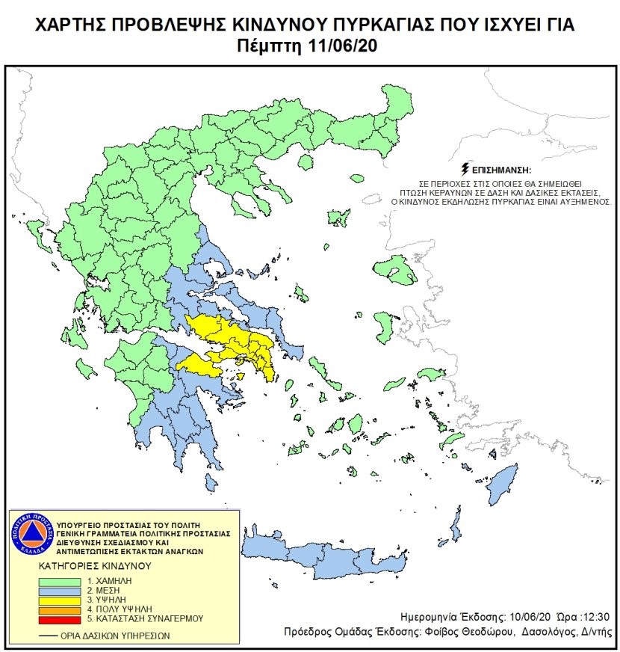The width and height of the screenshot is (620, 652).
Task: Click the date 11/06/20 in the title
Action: coord(342,46)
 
